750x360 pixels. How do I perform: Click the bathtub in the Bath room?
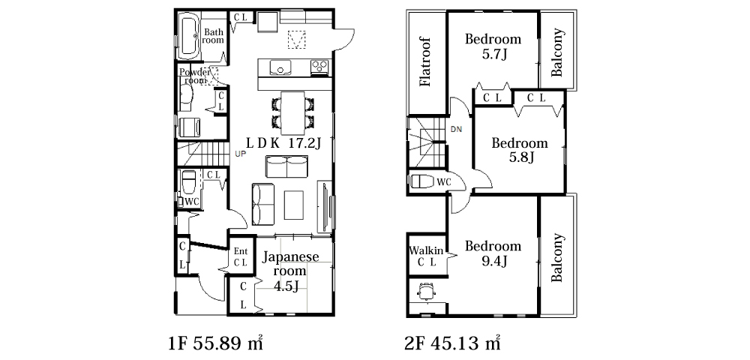[x=189, y=35]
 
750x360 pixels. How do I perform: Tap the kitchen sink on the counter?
[x=280, y=68]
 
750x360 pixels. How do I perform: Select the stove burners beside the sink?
[x=319, y=67]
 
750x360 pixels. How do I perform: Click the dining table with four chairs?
[x=292, y=112]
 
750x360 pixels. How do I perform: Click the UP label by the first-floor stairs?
[x=241, y=154]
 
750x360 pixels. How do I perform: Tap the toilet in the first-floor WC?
[x=187, y=183]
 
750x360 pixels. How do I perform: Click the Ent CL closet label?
[x=241, y=257]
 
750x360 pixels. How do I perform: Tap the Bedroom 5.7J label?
[x=493, y=46]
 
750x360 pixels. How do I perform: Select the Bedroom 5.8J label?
[x=520, y=150]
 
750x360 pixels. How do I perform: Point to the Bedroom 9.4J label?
[x=493, y=253]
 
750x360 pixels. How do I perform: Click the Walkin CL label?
[x=427, y=256]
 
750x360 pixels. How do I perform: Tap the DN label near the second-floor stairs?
[x=455, y=129]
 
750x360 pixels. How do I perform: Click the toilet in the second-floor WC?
[x=421, y=181]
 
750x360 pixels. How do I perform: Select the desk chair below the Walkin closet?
[x=427, y=291]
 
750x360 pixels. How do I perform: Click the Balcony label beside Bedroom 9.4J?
[x=556, y=258]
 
